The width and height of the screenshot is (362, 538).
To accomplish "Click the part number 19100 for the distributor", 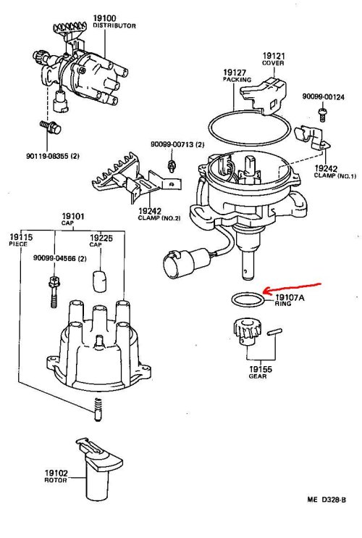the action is tap(104, 18).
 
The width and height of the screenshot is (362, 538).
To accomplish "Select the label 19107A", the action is tap(290, 297).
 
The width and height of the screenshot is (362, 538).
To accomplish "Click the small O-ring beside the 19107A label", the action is tap(248, 300).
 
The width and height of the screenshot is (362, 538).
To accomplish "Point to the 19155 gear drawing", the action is tap(248, 333).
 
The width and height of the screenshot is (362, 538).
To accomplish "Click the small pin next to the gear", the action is tap(274, 332).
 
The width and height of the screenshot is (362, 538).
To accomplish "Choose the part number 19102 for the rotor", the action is tap(56, 473).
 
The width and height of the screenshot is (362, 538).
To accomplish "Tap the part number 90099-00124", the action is tap(323, 96).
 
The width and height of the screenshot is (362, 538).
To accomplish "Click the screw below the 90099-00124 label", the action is tap(322, 115).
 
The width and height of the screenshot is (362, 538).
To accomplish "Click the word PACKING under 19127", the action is tap(237, 80).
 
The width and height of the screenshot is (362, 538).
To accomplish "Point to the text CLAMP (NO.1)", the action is tap(335, 175).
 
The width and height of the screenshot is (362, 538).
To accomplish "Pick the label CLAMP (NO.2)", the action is tap(159, 218).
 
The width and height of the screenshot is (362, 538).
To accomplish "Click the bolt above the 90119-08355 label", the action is tap(51, 127).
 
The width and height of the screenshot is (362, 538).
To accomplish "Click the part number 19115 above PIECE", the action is tap(21, 237).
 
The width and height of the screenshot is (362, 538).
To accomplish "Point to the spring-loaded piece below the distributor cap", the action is tap(98, 410).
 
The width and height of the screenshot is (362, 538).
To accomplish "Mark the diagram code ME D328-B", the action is tap(327, 500).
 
